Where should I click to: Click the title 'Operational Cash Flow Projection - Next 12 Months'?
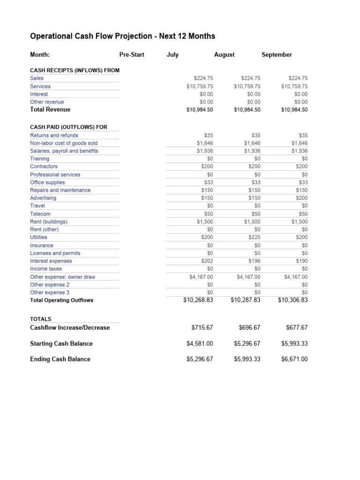pos(122,36)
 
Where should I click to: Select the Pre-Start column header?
pos(132,55)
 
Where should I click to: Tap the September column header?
pos(277,55)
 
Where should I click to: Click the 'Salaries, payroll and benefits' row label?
pos(64,151)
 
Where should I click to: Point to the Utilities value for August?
pos(254,238)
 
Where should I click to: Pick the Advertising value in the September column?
pos(301,198)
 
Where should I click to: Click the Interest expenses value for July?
pos(207,261)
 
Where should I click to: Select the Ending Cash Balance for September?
pos(294,360)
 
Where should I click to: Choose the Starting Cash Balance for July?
pos(200,344)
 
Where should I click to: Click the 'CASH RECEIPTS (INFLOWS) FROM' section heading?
pos(75,70)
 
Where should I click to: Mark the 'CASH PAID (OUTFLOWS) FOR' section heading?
pos(68,127)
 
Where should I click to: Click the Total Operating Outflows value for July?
pos(198,300)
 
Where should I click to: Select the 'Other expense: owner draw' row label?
pos(62,277)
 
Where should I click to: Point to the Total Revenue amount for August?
pos(247,110)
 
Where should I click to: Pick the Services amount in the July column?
pos(200,86)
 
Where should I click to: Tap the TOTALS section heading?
pos(41,319)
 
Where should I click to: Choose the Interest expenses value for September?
pos(301,261)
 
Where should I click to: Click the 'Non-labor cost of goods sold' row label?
pos(64,143)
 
